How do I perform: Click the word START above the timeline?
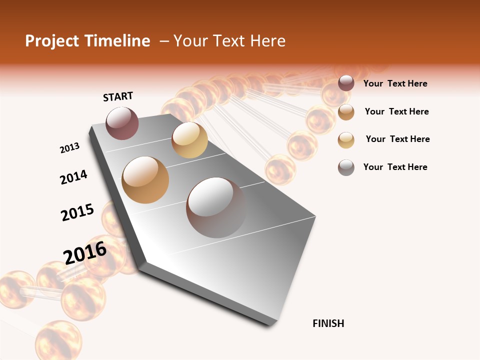[118, 96]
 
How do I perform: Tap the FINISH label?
[328, 323]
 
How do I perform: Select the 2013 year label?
[69, 148]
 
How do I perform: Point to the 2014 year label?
[73, 177]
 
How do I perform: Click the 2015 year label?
[77, 212]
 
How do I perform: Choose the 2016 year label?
[85, 253]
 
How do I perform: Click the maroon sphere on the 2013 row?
[122, 123]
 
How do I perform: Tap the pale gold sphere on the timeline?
[189, 140]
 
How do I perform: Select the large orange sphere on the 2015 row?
[145, 179]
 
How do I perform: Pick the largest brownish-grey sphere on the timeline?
[216, 207]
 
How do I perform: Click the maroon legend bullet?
[346, 83]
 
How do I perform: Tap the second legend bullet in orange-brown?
[346, 112]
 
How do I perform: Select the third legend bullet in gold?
[346, 140]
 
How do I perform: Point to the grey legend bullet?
[346, 167]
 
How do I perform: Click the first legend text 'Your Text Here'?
[395, 84]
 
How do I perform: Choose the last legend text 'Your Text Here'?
[395, 167]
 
